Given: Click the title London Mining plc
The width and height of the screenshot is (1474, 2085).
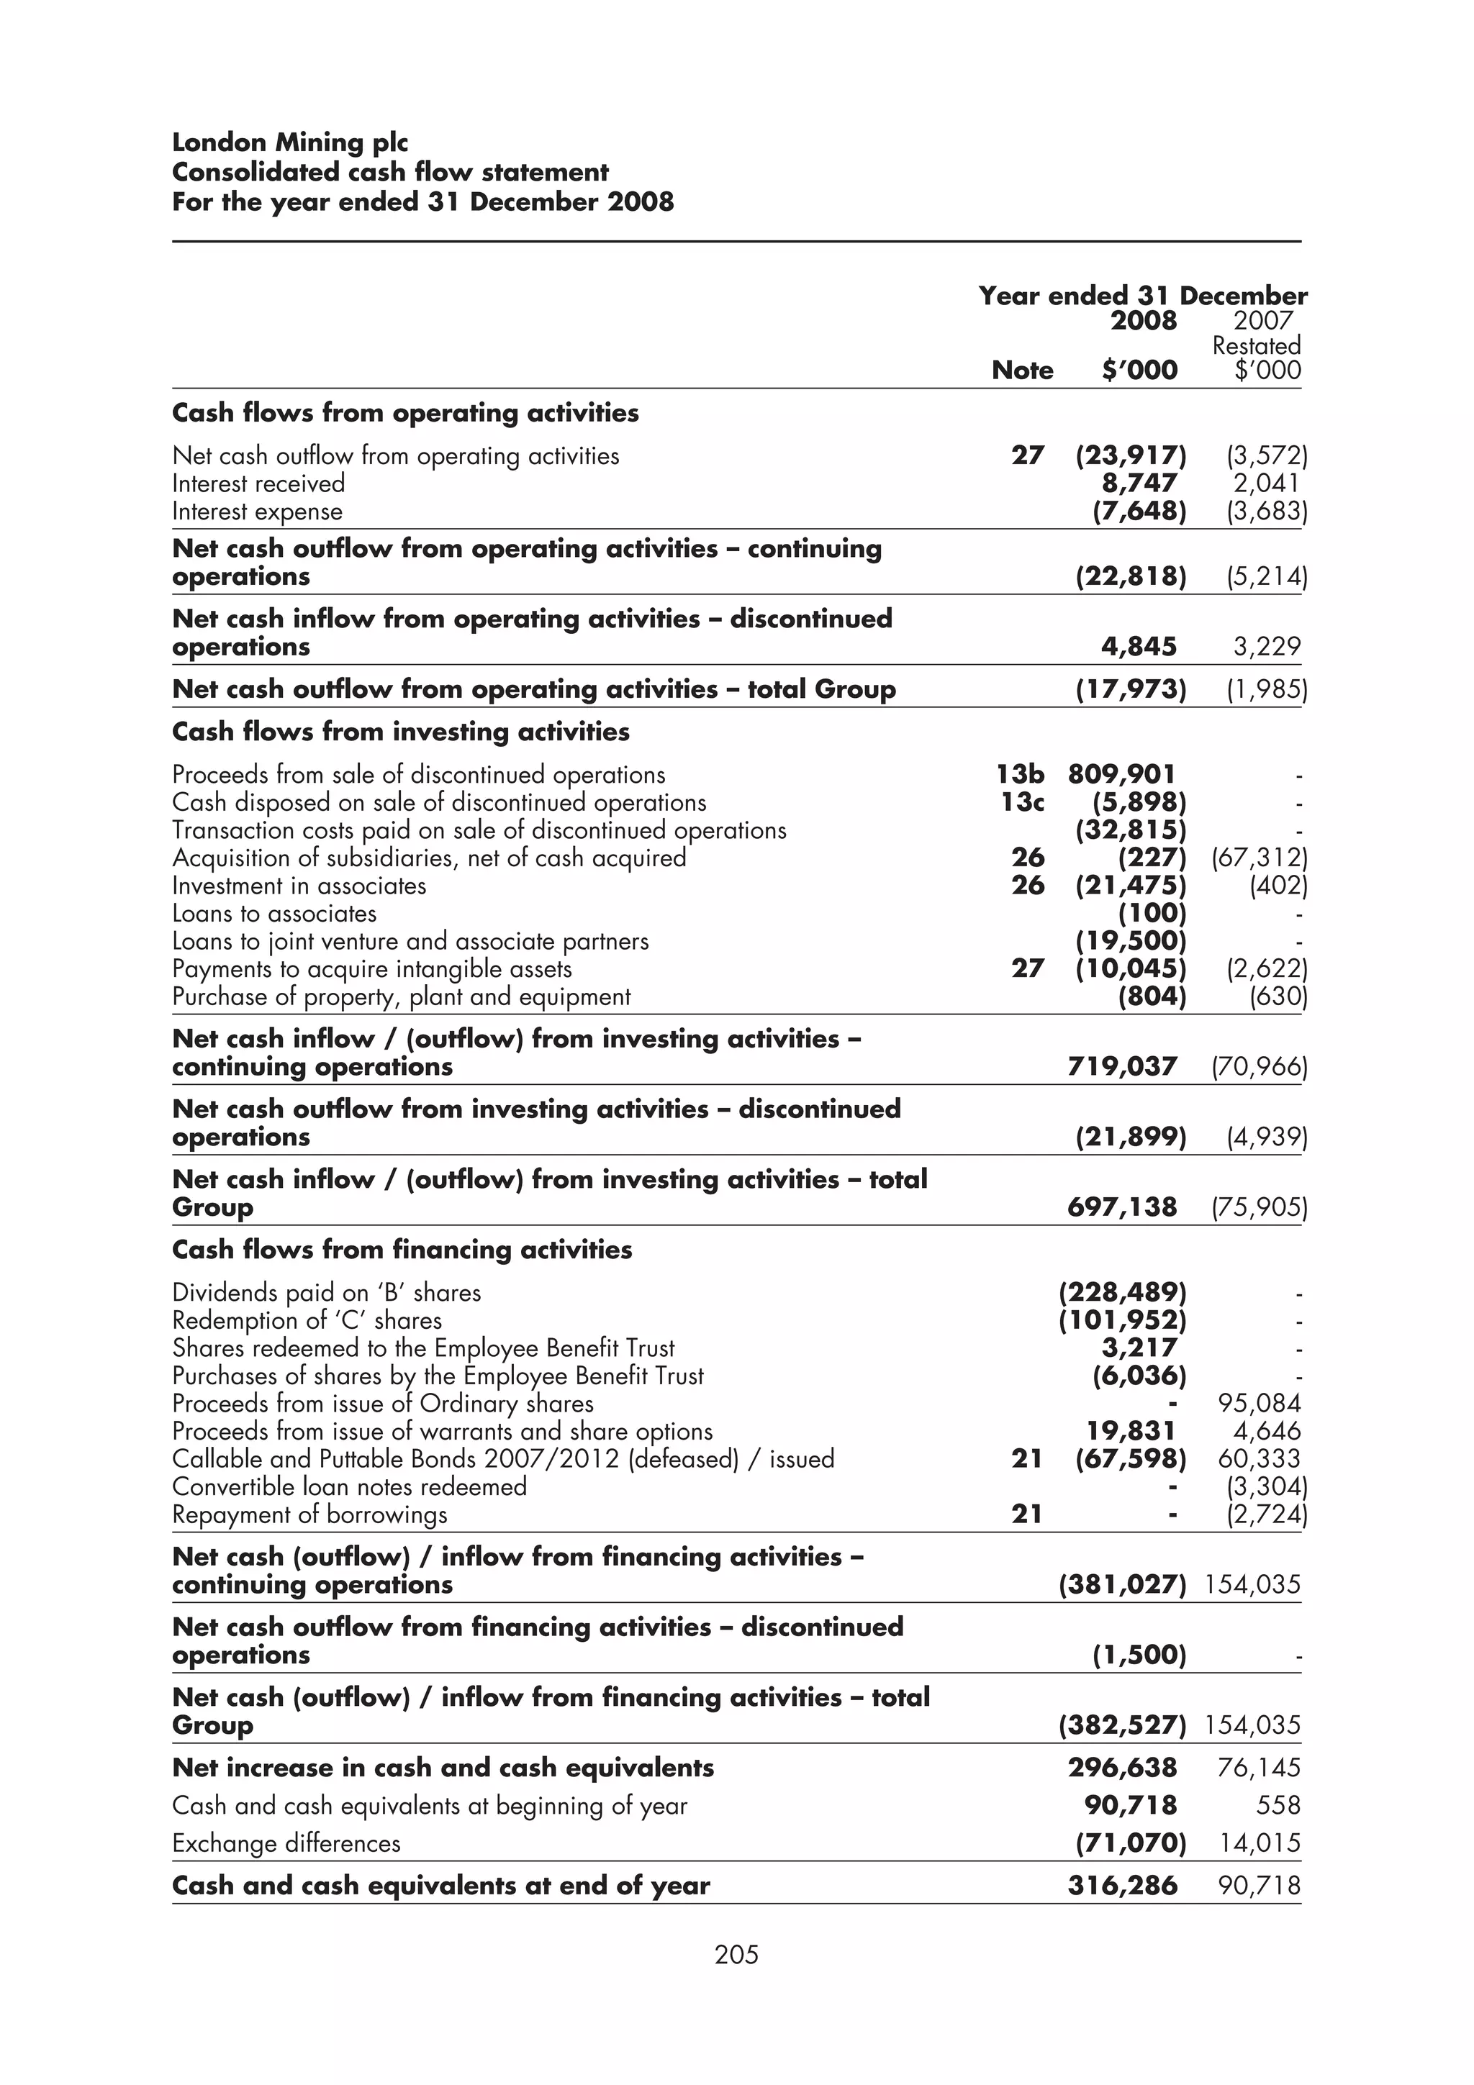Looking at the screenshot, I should pos(290,142).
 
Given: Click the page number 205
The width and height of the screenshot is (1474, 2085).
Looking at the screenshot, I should pos(736,1954).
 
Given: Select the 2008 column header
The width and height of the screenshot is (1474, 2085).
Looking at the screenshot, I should pos(1144,321).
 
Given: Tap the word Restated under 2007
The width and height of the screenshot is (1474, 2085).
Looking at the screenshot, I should pos(1256,346).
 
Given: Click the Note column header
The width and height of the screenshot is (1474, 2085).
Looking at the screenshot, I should pos(1022,371).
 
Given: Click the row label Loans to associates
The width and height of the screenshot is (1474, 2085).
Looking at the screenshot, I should pos(274,914).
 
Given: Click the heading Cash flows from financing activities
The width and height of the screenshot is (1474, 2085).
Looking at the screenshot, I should pos(402,1250).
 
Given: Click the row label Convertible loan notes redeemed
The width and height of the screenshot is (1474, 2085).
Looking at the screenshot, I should pos(350,1487).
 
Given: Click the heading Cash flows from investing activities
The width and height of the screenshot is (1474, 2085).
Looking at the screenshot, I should pos(400,732).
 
